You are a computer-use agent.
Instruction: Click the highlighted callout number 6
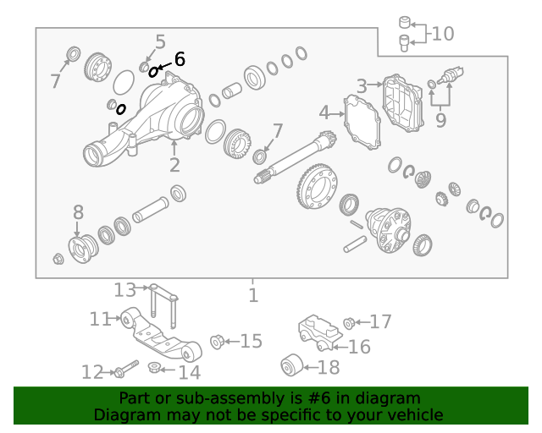(180, 59)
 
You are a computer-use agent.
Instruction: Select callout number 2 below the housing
(174, 165)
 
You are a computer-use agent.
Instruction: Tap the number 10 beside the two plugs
(442, 34)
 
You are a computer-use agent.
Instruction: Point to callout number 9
(440, 120)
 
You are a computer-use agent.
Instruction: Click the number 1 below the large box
(253, 295)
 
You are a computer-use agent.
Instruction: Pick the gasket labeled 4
(362, 122)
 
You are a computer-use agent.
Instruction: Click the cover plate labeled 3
(403, 103)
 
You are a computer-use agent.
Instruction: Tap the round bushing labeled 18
(292, 365)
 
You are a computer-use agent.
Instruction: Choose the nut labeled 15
(217, 342)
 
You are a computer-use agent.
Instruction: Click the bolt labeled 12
(126, 369)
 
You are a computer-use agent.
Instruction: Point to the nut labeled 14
(154, 367)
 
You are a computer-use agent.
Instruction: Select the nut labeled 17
(349, 323)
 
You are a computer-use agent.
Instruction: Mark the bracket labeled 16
(320, 332)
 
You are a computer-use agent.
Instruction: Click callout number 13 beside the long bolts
(125, 290)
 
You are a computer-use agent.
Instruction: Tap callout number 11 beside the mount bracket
(100, 319)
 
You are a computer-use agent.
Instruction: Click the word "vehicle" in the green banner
(418, 414)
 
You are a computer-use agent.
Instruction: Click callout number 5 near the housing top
(160, 42)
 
